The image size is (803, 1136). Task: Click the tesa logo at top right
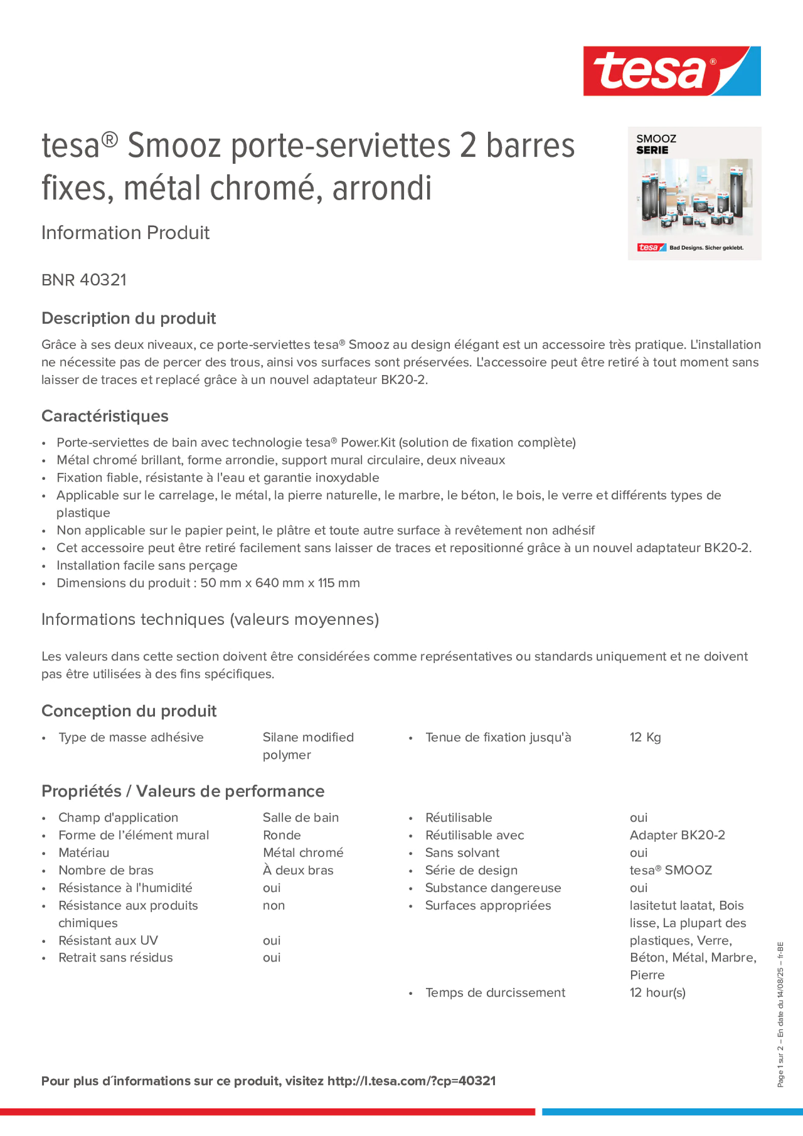point(672,71)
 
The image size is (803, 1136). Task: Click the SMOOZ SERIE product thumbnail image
point(694,194)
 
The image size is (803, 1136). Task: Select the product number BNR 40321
point(84,280)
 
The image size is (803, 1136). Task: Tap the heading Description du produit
point(129,318)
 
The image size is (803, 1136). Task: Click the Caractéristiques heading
point(105,416)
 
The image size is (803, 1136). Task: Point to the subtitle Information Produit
point(125,233)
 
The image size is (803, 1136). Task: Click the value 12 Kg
point(645,737)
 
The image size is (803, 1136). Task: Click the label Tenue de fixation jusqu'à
point(498,737)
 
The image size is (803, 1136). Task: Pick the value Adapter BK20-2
point(677,835)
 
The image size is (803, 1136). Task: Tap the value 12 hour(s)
point(657,993)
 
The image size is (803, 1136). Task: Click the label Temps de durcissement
point(495,993)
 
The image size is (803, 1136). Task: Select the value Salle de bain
point(300,817)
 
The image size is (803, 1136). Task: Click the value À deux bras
point(298,870)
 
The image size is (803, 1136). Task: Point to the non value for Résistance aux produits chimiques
point(274,905)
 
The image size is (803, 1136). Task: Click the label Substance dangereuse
point(493,888)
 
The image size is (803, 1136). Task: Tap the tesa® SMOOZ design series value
point(670,870)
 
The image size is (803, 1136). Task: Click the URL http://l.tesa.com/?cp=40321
point(412,1081)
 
